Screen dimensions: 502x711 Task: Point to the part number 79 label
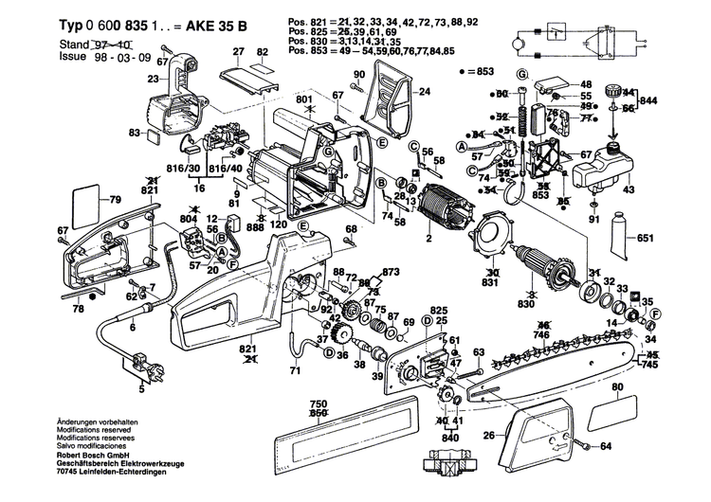pos(116,200)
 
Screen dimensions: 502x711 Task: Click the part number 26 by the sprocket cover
pos(489,437)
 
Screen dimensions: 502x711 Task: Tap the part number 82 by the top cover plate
pos(260,67)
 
